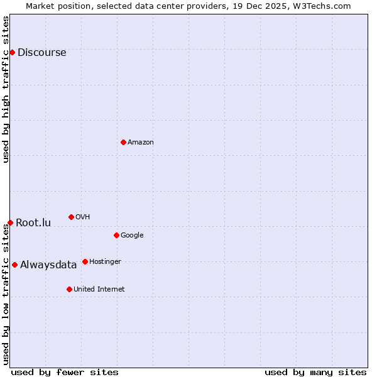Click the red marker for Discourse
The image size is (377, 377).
point(12,52)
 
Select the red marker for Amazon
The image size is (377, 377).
point(123,142)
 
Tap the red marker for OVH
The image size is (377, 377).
point(71,217)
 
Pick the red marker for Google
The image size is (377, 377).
point(116,235)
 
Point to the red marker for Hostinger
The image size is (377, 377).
point(85,261)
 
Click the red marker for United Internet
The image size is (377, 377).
point(69,289)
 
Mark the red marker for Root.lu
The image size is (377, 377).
point(10,222)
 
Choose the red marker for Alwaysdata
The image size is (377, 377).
point(14,265)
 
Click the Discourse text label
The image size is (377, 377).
point(41,53)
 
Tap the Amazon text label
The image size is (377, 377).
point(141,143)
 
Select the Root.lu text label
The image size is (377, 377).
point(33,223)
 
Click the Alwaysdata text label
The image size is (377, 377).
point(48,265)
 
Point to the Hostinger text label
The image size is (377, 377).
point(105,261)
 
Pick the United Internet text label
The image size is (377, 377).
point(99,290)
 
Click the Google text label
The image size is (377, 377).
point(132,236)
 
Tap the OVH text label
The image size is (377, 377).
point(82,217)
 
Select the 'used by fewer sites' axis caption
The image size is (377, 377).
point(65,372)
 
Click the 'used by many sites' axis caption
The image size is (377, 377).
point(315,372)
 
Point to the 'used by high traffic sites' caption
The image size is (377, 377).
point(6,89)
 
